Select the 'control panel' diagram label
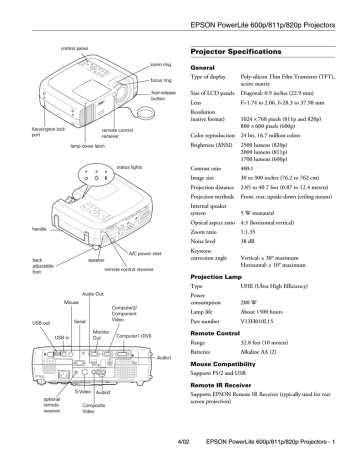[x=80, y=47]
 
